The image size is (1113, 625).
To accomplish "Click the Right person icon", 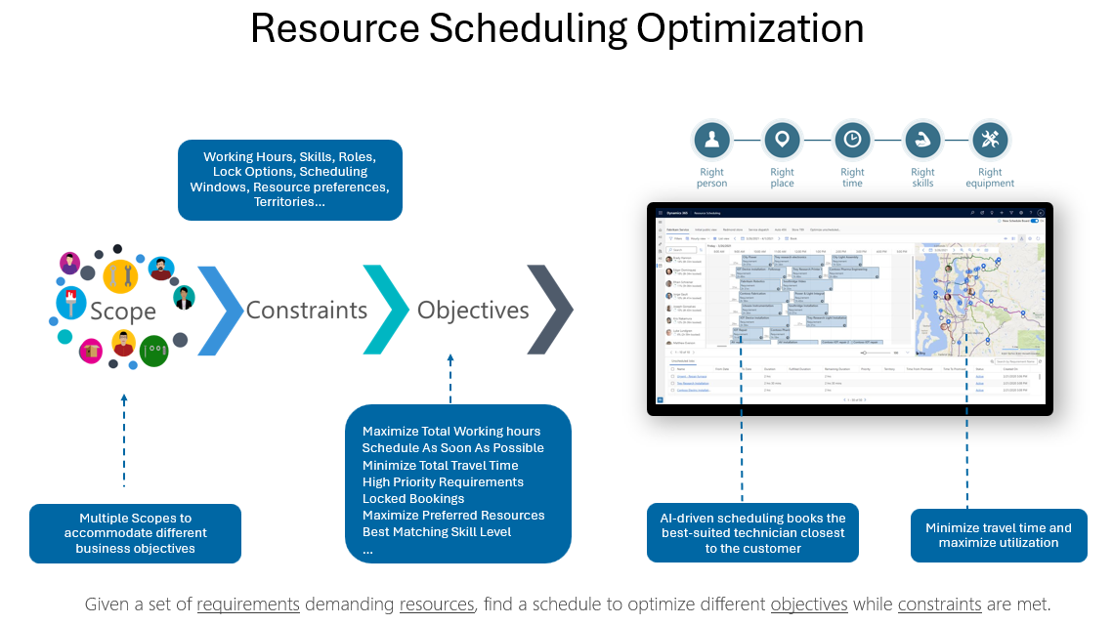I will [x=711, y=141].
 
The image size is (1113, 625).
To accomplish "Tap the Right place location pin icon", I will [x=782, y=141].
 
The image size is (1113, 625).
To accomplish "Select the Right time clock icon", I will [x=852, y=141].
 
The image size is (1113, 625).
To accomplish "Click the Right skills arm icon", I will [x=922, y=141].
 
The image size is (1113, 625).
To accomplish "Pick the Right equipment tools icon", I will [x=990, y=141].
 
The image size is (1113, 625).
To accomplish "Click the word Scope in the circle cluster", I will [x=123, y=312].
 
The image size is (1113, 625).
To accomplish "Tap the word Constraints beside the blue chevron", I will [x=306, y=311].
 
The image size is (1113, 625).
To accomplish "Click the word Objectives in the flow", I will [x=473, y=311].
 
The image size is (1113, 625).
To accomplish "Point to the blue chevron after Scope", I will [x=220, y=310].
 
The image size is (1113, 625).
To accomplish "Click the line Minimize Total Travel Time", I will [x=440, y=465].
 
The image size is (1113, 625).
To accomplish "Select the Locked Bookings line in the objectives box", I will [x=413, y=498].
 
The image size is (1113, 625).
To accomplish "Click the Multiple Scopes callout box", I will [x=135, y=533].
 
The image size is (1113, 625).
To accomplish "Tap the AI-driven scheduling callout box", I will [x=752, y=533].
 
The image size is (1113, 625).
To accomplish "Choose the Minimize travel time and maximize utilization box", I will [x=999, y=535].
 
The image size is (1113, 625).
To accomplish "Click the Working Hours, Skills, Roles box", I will [x=289, y=180].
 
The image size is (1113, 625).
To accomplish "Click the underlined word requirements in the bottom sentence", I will [x=248, y=604].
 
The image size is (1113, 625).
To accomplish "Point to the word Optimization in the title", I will [x=750, y=28].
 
